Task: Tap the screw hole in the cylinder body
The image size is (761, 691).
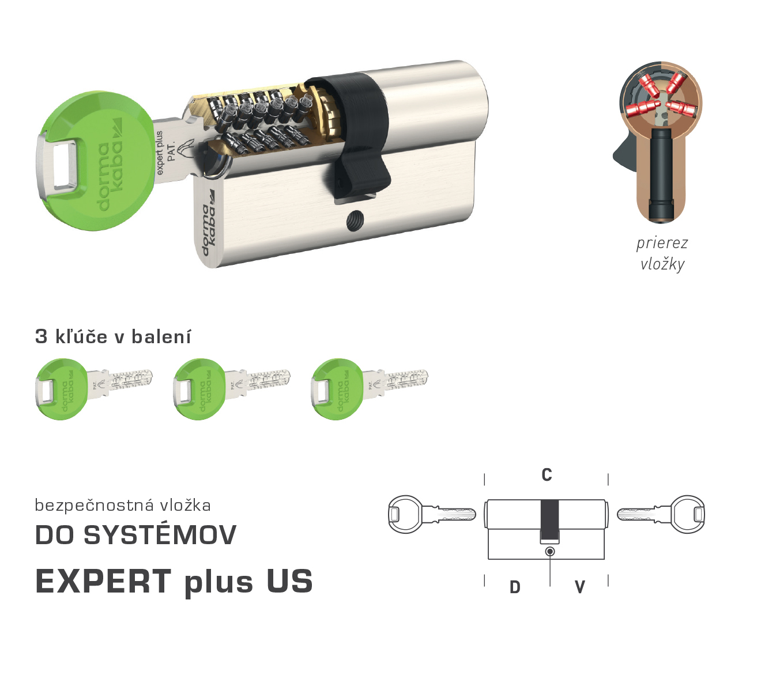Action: pos(353,221)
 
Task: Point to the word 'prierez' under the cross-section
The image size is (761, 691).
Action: pos(662,243)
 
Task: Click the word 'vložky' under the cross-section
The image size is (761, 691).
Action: pos(662,264)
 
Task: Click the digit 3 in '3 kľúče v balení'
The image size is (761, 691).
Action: pos(41,336)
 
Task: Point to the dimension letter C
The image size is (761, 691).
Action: pos(547,475)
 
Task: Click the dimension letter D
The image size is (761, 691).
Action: pos(515,587)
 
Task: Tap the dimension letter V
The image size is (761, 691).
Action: pos(579,587)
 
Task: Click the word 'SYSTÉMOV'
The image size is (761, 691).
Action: pos(160,535)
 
